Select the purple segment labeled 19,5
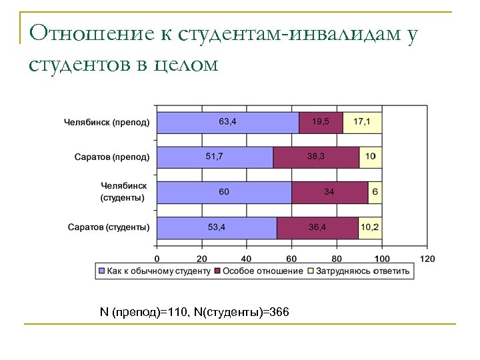coord(321,122)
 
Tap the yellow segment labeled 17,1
coord(362,122)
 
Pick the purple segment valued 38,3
coord(316,157)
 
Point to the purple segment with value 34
coord(330,192)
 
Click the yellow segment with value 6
coord(375,192)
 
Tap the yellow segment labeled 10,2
coord(369,227)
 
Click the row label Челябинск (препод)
coord(107,123)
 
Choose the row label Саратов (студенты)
coord(109,227)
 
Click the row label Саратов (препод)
coord(111,157)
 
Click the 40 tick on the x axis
coord(246,258)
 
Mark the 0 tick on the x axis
coord(157,258)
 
